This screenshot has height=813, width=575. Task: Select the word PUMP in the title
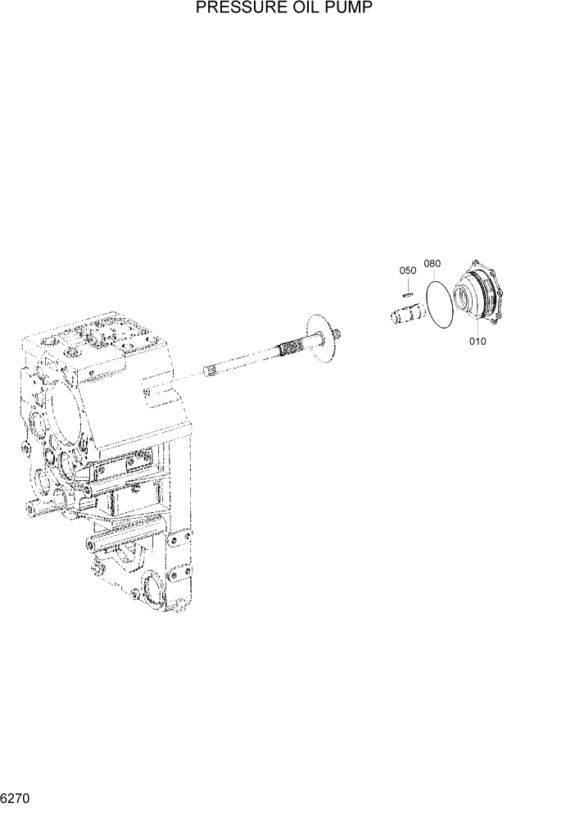click(345, 10)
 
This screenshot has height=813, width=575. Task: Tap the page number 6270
click(16, 797)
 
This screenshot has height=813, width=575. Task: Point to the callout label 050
click(408, 270)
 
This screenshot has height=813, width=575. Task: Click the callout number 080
click(432, 264)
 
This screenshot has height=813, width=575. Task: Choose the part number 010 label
click(478, 341)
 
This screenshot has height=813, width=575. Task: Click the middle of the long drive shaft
click(254, 358)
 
